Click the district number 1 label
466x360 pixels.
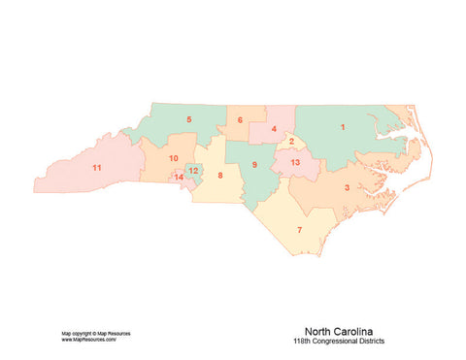click(342, 126)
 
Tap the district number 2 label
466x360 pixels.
click(291, 142)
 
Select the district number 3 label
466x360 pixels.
click(347, 187)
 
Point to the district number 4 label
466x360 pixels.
click(274, 129)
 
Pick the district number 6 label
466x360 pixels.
click(240, 120)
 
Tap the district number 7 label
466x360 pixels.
click(299, 229)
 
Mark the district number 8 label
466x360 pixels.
click(219, 175)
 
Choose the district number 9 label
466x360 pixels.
click(254, 164)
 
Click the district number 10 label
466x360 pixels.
click(173, 157)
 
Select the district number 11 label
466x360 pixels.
click(96, 168)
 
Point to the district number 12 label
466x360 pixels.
click(193, 171)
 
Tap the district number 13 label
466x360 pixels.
click(295, 162)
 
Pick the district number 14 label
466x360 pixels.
click(178, 178)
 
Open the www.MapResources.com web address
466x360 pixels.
click(88, 340)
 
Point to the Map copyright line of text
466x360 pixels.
click(95, 333)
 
